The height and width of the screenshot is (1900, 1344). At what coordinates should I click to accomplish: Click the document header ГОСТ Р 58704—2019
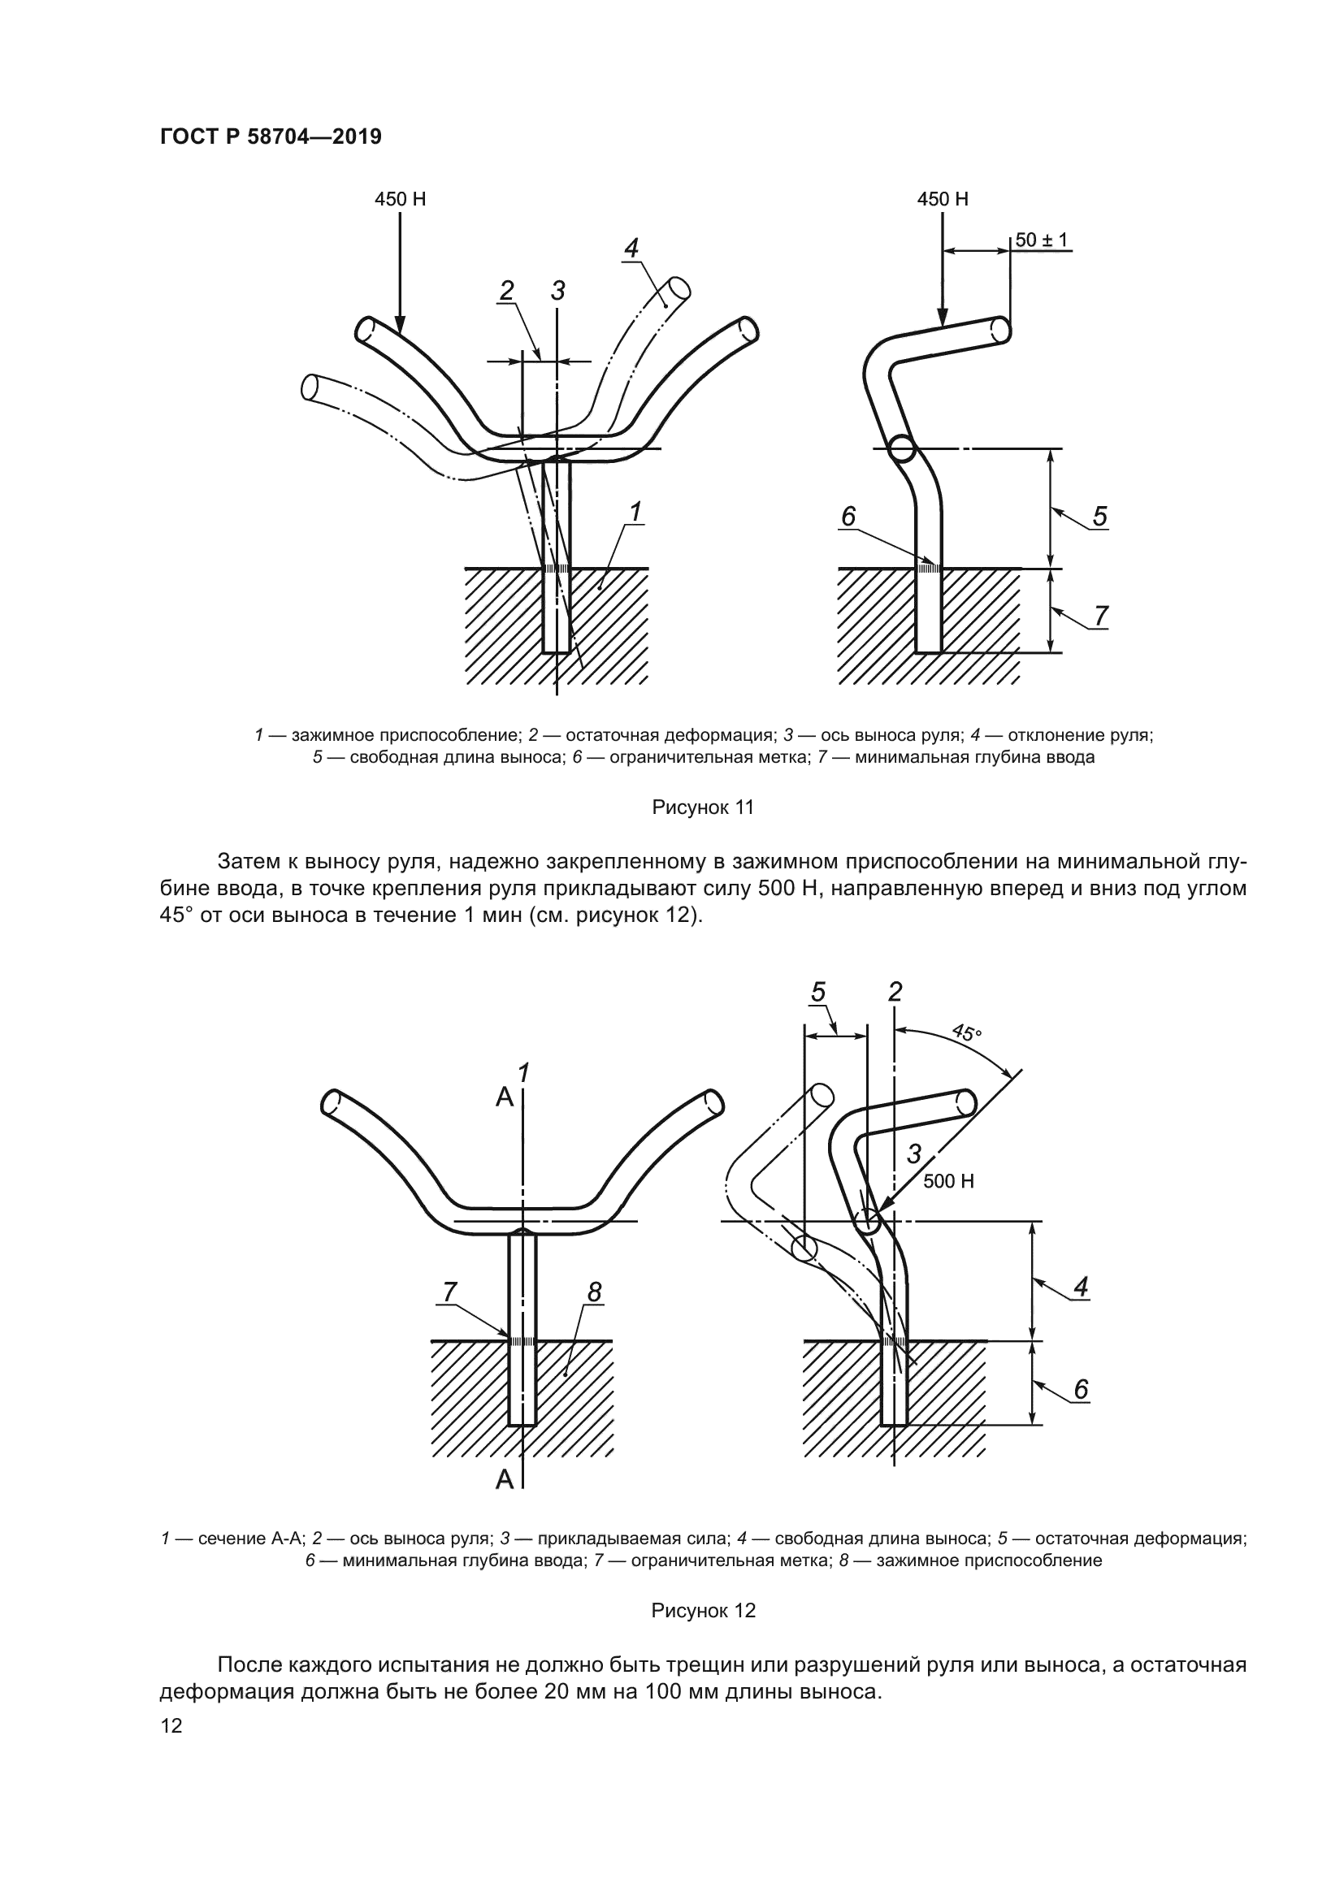pyautogui.click(x=271, y=136)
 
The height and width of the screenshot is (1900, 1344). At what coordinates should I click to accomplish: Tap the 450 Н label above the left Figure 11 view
pyautogui.click(x=400, y=200)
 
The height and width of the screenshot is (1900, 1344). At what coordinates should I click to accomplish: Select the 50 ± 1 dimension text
pyautogui.click(x=1042, y=240)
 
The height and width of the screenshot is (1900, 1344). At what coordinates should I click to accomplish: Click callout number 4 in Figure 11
pyautogui.click(x=631, y=248)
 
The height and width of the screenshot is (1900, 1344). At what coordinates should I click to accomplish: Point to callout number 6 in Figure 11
pyautogui.click(x=848, y=517)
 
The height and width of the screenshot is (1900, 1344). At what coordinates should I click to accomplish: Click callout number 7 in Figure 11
pyautogui.click(x=1101, y=617)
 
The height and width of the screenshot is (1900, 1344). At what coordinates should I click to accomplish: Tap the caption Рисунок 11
pyautogui.click(x=703, y=807)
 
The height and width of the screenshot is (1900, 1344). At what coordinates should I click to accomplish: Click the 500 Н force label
pyautogui.click(x=948, y=1181)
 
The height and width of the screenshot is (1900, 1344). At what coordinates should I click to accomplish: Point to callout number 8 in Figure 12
pyautogui.click(x=593, y=1292)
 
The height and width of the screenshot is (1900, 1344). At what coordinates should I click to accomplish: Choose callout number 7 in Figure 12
pyautogui.click(x=449, y=1291)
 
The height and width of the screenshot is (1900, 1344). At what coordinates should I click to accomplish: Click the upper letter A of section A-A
pyautogui.click(x=504, y=1097)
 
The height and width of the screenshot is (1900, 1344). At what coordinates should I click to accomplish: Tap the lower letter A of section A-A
pyautogui.click(x=504, y=1479)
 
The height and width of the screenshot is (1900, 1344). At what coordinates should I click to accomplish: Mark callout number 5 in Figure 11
pyautogui.click(x=1100, y=517)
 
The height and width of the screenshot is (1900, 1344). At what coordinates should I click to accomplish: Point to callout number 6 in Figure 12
pyautogui.click(x=1081, y=1389)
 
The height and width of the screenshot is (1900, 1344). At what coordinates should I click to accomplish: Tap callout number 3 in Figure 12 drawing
pyautogui.click(x=913, y=1153)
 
